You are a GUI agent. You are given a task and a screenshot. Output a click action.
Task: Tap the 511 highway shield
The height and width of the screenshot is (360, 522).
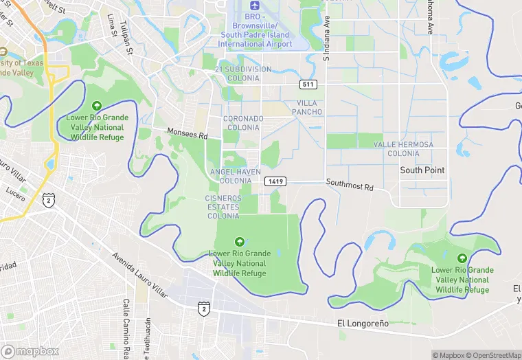pyautogui.click(x=308, y=84)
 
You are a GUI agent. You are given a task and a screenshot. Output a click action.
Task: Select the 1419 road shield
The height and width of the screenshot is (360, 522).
pyautogui.click(x=275, y=181)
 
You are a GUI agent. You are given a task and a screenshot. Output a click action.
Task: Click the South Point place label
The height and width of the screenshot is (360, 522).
pyautogui.click(x=422, y=170)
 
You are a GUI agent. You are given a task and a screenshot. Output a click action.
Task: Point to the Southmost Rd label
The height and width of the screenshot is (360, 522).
pyautogui.click(x=350, y=185)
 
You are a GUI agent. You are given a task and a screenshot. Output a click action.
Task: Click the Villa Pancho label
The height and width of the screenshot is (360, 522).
pyautogui.click(x=306, y=107)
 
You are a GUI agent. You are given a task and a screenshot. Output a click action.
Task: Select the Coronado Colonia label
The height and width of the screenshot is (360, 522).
pyautogui.click(x=243, y=123)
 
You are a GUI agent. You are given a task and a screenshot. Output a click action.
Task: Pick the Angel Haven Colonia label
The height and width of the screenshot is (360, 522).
pyautogui.click(x=240, y=176)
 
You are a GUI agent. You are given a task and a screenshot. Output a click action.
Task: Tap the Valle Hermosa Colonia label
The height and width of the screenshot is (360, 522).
pyautogui.click(x=403, y=149)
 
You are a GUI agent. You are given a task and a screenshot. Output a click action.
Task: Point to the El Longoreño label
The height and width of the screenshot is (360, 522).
pyautogui.click(x=363, y=323)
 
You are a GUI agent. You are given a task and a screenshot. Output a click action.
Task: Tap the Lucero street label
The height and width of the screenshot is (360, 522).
pyautogui.click(x=15, y=190)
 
